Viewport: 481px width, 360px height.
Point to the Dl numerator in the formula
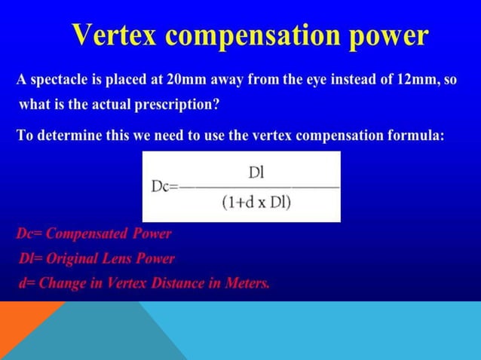tap(256, 173)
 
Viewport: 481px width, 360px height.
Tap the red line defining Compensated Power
tap(94, 233)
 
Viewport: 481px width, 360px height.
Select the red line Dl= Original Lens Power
tap(96, 258)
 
